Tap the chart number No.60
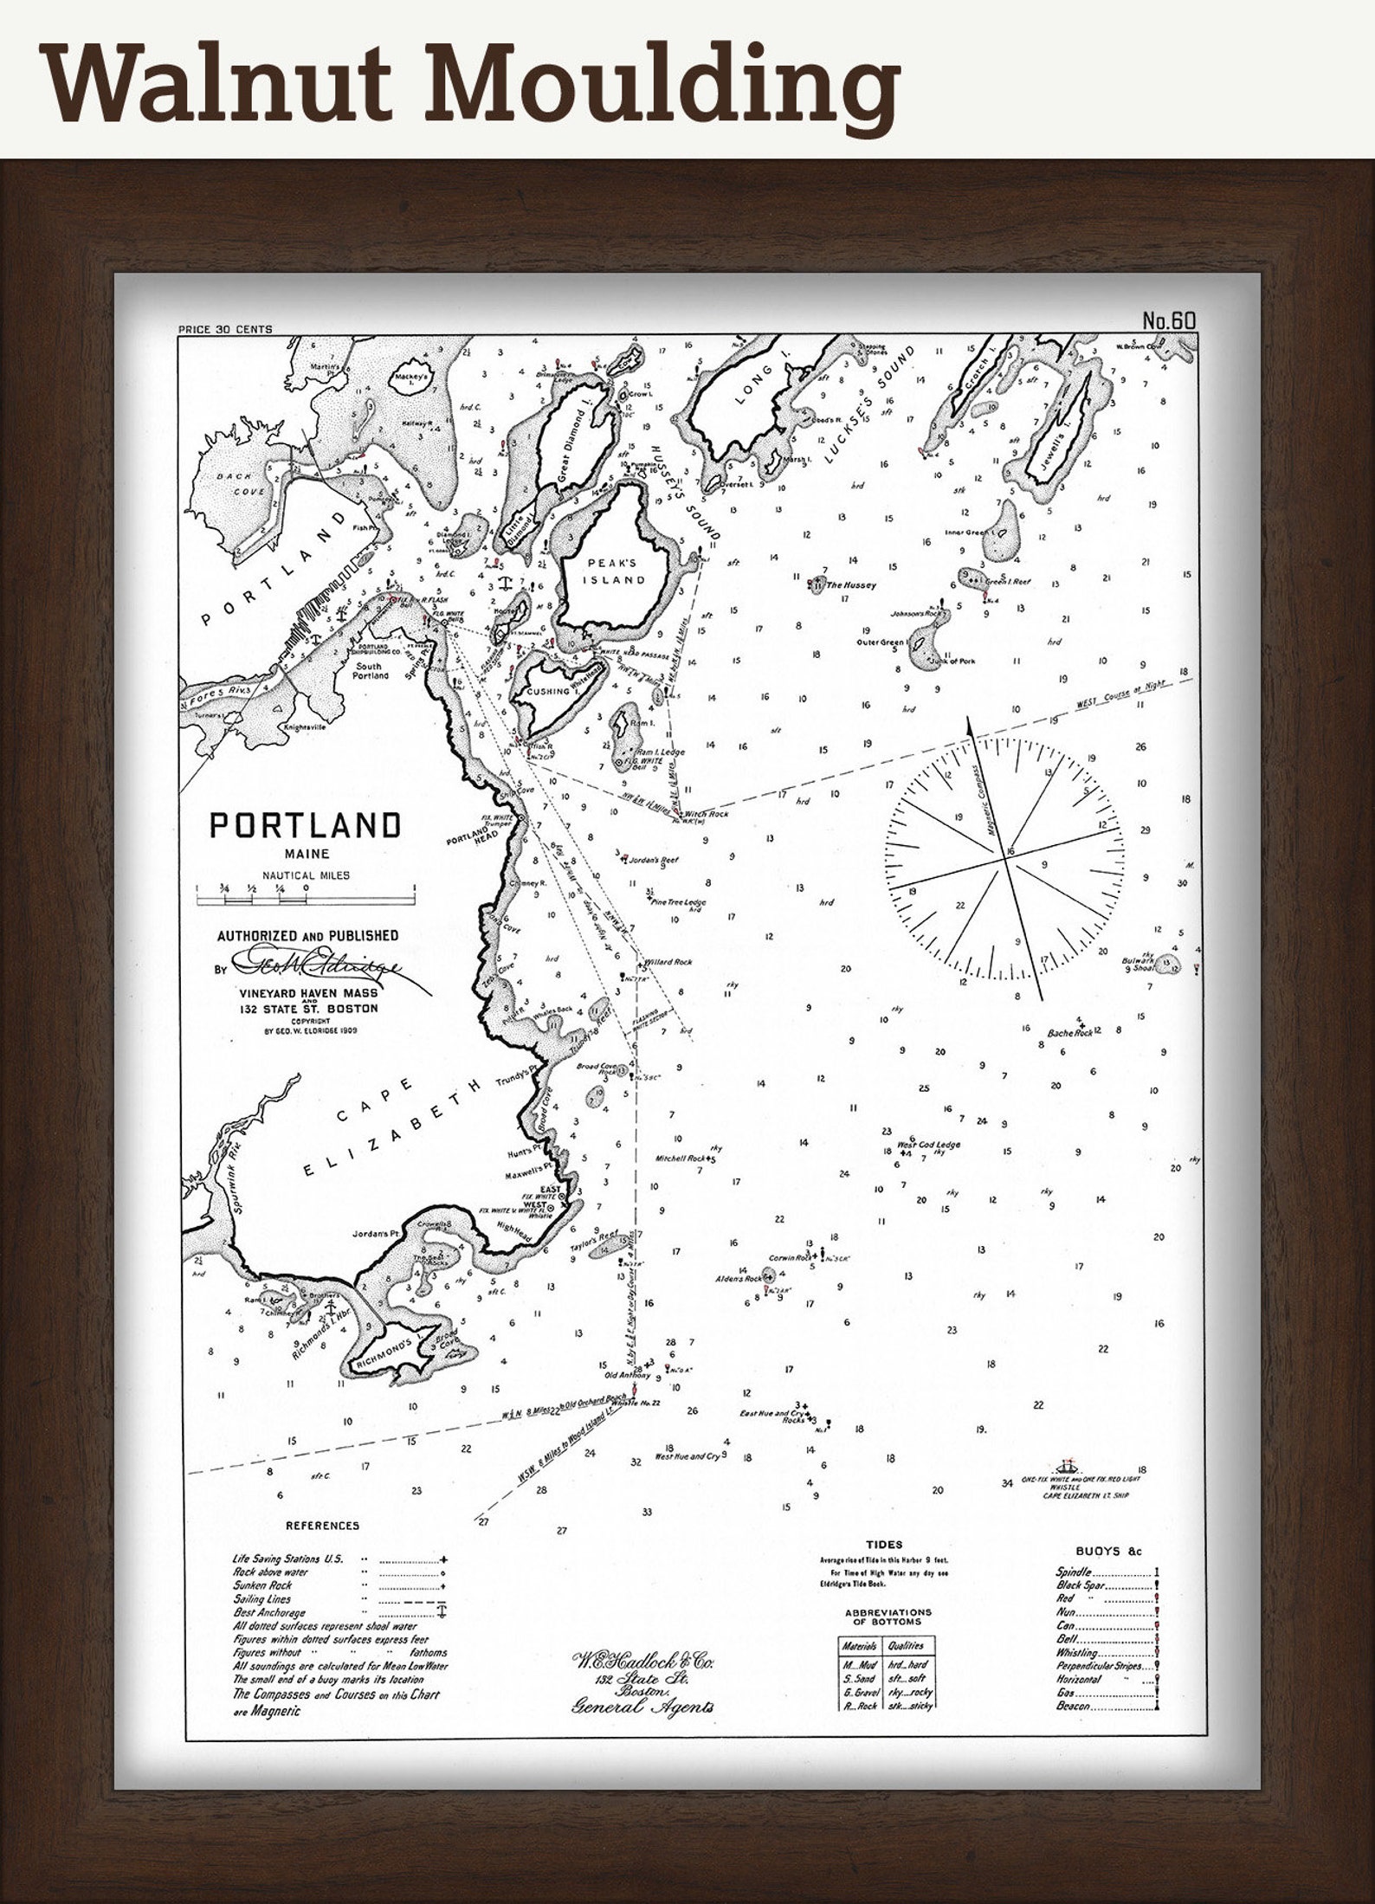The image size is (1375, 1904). tap(1168, 320)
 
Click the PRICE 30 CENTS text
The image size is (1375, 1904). tap(224, 329)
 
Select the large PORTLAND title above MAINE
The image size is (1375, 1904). tap(306, 826)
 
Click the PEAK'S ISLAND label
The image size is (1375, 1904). tap(617, 571)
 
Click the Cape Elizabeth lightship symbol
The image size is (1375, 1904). tap(1064, 1466)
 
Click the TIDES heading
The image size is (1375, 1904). tap(883, 1544)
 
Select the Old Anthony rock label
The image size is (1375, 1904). tap(628, 1374)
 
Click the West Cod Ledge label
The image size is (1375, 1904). tap(929, 1145)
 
